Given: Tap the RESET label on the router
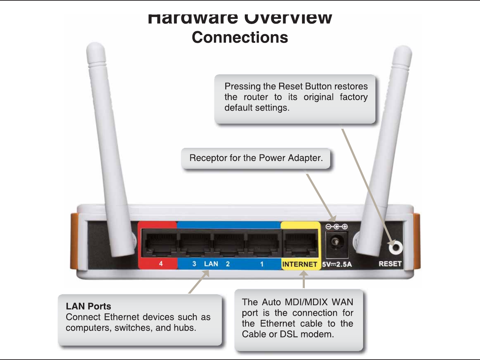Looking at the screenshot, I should pyautogui.click(x=390, y=264).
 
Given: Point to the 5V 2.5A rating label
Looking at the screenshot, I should pyautogui.click(x=337, y=264).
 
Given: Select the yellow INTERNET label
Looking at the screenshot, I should pyautogui.click(x=299, y=264).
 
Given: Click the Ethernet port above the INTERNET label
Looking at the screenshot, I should pyautogui.click(x=300, y=244).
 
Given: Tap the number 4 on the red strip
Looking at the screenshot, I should pyautogui.click(x=161, y=264).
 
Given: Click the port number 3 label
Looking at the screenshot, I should pyautogui.click(x=194, y=264).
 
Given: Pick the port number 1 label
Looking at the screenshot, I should pyautogui.click(x=262, y=264).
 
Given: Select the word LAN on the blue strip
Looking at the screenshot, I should pyautogui.click(x=211, y=264).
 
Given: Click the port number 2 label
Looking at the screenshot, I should pyautogui.click(x=228, y=264).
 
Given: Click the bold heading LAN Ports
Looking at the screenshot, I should pyautogui.click(x=88, y=306).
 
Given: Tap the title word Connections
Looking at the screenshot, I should pyautogui.click(x=240, y=37).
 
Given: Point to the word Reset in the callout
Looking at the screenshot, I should pyautogui.click(x=290, y=86).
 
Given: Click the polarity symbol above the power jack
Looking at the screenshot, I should pyautogui.click(x=336, y=227).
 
